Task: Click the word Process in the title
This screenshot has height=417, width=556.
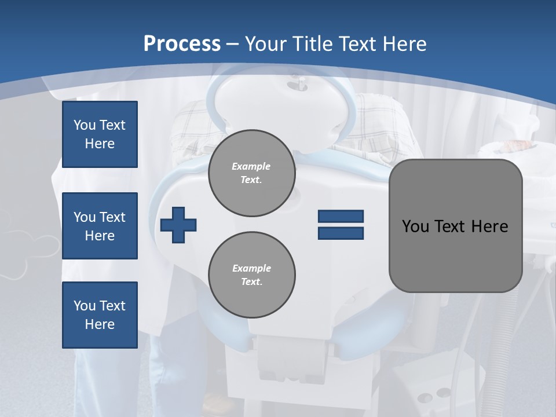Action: (182, 44)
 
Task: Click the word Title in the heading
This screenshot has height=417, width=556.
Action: (313, 44)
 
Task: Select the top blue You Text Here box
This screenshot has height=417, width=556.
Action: (100, 134)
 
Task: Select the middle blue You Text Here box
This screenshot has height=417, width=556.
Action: (100, 226)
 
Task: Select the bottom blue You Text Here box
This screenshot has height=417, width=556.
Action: (100, 315)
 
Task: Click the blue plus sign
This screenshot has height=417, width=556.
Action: (178, 225)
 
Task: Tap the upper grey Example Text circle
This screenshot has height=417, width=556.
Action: (251, 173)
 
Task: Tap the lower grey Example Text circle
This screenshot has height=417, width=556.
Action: (251, 275)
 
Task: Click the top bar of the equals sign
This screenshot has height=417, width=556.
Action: (341, 216)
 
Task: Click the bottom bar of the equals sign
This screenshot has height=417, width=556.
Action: (341, 233)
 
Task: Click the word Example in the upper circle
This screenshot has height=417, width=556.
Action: (251, 166)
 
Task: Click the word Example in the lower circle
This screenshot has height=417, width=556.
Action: (251, 268)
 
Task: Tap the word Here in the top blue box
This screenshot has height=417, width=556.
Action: (100, 144)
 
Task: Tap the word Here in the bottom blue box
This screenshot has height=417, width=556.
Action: (100, 324)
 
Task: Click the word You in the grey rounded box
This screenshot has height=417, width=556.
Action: (415, 226)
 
